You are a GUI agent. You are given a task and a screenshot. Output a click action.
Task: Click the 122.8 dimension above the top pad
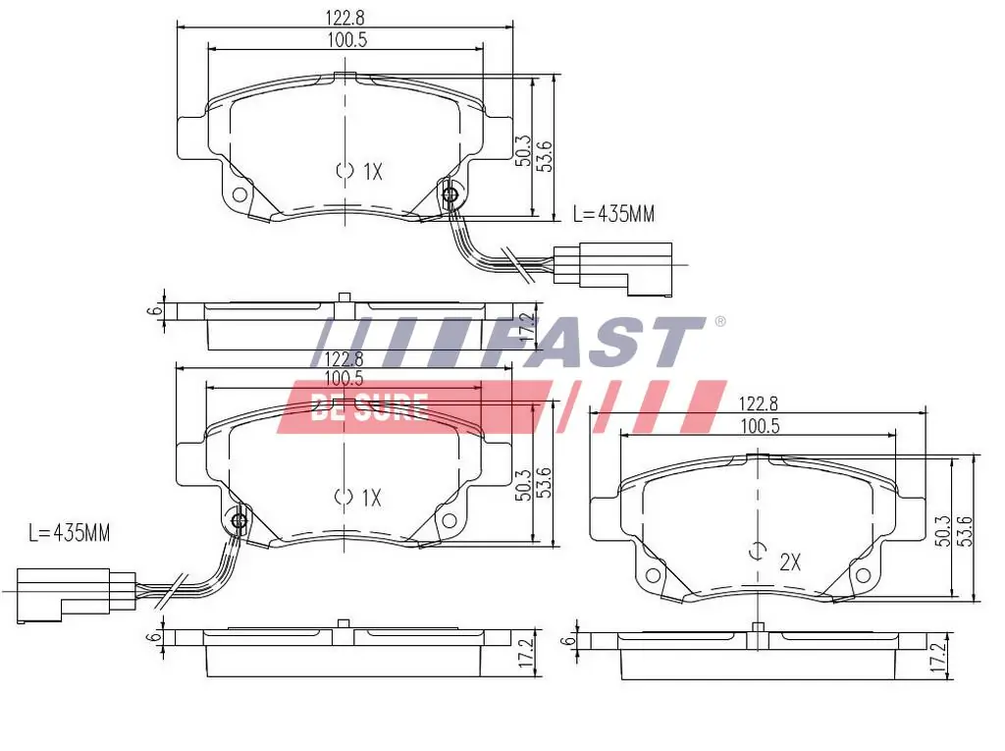(344, 16)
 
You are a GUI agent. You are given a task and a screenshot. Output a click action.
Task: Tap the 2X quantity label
(790, 563)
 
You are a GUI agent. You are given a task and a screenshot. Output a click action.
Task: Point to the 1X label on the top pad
(371, 172)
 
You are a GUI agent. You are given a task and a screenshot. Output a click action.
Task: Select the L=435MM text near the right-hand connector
(613, 213)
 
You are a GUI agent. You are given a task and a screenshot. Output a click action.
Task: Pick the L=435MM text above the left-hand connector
(69, 533)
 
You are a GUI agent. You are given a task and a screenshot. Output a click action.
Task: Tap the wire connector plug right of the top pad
(613, 266)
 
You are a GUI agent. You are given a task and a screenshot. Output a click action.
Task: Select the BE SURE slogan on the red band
(368, 406)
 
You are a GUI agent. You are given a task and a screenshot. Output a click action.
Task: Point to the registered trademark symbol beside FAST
(719, 322)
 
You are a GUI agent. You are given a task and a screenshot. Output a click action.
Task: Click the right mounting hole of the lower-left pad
(450, 520)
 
